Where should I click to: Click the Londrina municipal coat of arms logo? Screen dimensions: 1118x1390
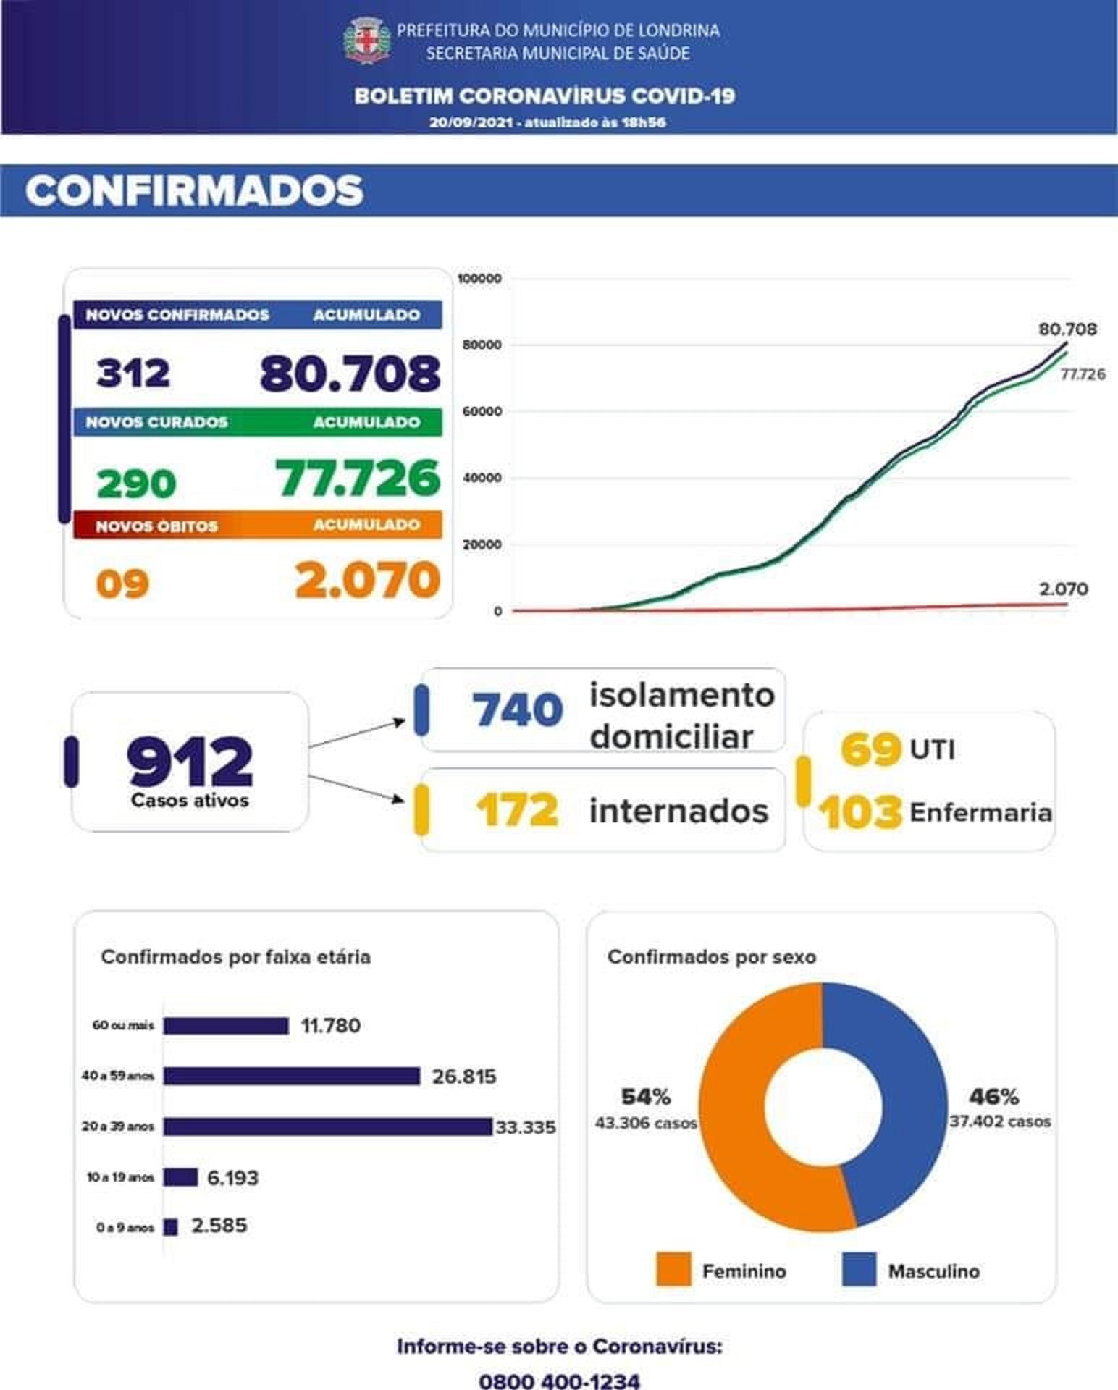tap(367, 41)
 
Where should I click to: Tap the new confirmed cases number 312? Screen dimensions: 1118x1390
tap(133, 373)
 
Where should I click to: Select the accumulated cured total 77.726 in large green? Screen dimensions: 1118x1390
tap(358, 479)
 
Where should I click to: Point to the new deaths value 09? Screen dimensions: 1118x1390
tap(122, 584)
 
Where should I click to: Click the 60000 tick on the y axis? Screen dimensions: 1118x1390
tap(482, 411)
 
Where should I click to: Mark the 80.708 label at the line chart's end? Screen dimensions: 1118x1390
tap(1067, 329)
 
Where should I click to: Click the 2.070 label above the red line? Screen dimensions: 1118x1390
tap(1063, 589)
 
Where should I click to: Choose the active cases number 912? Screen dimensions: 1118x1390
tap(190, 762)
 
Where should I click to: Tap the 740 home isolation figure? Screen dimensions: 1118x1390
tap(517, 709)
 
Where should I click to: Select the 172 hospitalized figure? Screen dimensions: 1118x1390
tap(517, 810)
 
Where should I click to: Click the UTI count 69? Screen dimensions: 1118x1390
tap(870, 749)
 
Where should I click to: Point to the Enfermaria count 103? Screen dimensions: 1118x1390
tap(861, 812)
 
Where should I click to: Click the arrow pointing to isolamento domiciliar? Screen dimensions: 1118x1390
tap(357, 733)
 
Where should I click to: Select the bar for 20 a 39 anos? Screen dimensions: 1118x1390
tap(328, 1126)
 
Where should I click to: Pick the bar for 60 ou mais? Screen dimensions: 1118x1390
tap(226, 1026)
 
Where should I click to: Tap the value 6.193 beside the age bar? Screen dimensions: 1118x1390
tap(232, 1178)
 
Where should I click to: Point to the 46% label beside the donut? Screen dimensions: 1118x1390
tap(993, 1097)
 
